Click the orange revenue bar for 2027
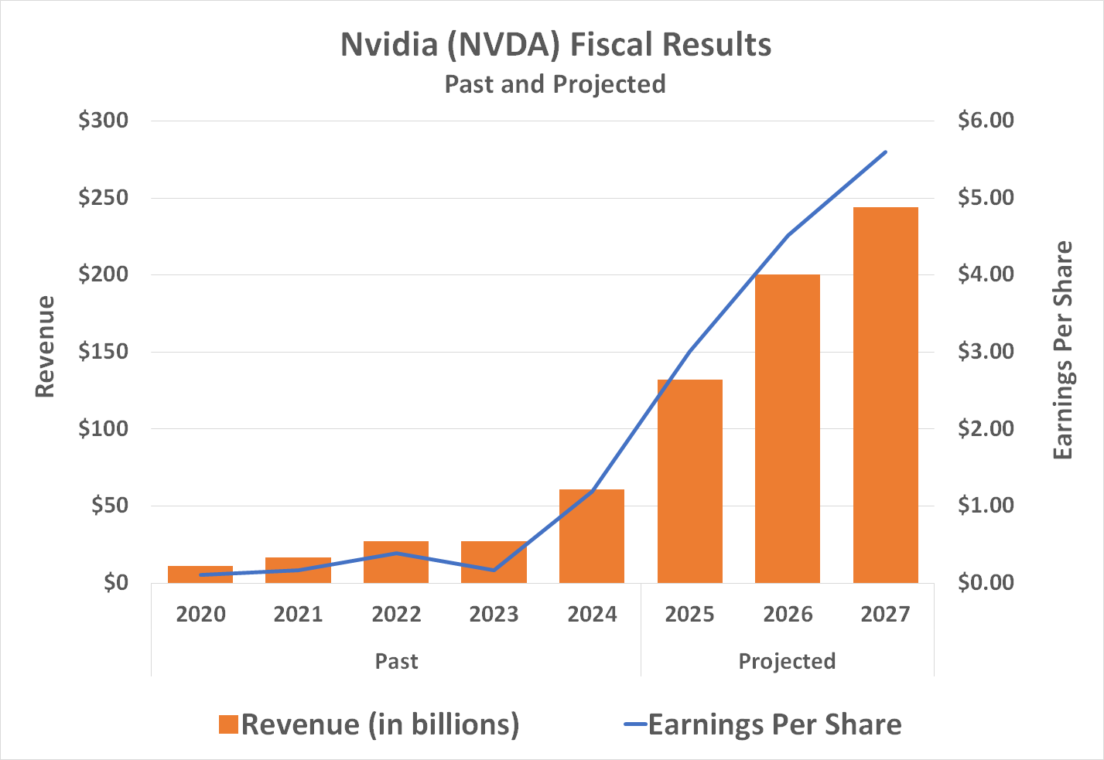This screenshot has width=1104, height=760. (885, 394)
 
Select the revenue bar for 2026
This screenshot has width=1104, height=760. (787, 428)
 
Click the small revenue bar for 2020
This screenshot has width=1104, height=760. (200, 574)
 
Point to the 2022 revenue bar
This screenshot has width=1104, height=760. (395, 562)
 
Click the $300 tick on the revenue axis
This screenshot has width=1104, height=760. (103, 121)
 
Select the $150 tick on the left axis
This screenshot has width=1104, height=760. (103, 352)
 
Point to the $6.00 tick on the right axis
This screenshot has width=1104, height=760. (985, 121)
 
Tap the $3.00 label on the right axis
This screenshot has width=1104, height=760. (985, 352)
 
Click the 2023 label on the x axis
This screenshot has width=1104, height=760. (494, 615)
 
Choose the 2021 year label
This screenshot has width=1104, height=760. (298, 615)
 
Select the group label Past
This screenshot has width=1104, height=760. (396, 662)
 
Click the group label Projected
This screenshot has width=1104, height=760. (787, 662)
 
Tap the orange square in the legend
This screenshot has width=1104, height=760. (228, 724)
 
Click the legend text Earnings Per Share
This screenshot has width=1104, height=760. (774, 724)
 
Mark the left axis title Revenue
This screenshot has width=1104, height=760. (46, 347)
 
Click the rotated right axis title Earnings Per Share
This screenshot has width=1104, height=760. (1064, 350)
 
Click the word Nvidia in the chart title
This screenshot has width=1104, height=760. (389, 45)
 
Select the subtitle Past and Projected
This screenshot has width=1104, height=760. (555, 83)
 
